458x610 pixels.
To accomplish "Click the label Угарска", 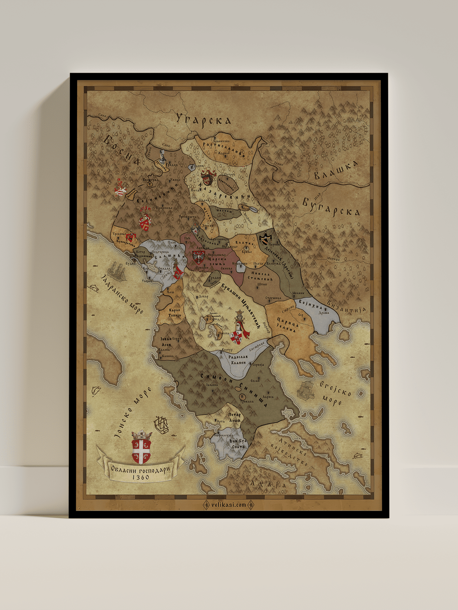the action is (x=204, y=119).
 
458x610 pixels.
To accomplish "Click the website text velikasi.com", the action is (x=228, y=505).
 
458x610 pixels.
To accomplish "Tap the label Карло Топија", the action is (x=175, y=313).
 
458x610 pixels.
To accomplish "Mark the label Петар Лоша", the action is (x=234, y=418).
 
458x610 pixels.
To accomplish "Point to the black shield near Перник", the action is (x=266, y=238).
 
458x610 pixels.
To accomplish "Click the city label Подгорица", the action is (x=160, y=252).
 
